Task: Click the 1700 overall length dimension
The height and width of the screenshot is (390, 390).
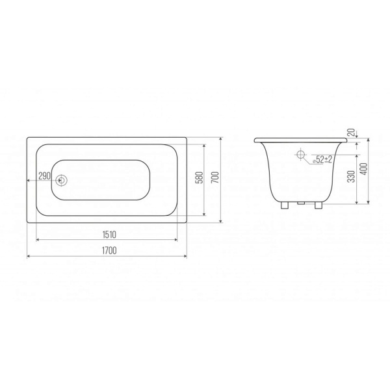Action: click(x=109, y=250)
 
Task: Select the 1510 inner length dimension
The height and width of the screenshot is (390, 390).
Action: click(x=109, y=234)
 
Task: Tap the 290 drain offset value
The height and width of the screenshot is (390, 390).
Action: click(x=45, y=176)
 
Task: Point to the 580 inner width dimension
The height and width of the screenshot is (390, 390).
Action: click(x=200, y=177)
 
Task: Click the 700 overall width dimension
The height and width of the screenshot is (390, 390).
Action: click(x=216, y=177)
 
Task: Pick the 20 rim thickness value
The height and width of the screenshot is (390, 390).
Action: click(x=352, y=133)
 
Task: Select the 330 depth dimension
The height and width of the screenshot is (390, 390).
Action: click(x=351, y=176)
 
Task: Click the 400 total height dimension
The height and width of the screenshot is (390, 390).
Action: click(x=363, y=169)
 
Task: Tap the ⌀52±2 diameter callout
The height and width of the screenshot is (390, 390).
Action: click(x=322, y=159)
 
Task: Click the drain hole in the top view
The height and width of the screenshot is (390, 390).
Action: click(x=60, y=180)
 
